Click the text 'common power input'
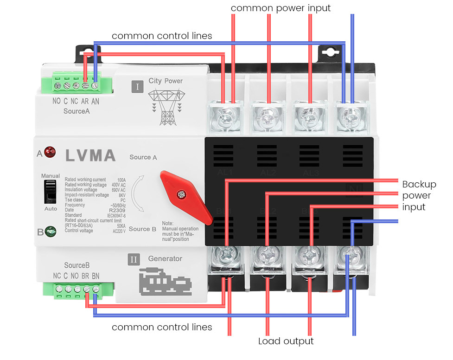click(x=281, y=8)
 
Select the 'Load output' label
click(x=286, y=341)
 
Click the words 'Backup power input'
click(x=419, y=195)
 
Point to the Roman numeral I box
click(x=137, y=86)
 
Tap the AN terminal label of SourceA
click(x=95, y=102)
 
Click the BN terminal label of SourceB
click(x=95, y=276)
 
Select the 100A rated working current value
click(x=121, y=180)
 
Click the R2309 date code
click(x=119, y=210)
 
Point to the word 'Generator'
click(x=165, y=258)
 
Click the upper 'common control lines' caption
click(x=162, y=36)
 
